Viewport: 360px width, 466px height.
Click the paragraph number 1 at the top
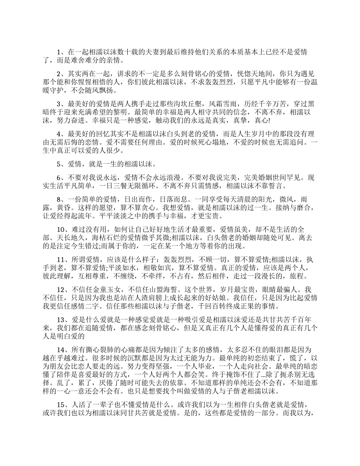tap(59, 52)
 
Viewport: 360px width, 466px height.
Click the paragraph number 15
tap(61, 404)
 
